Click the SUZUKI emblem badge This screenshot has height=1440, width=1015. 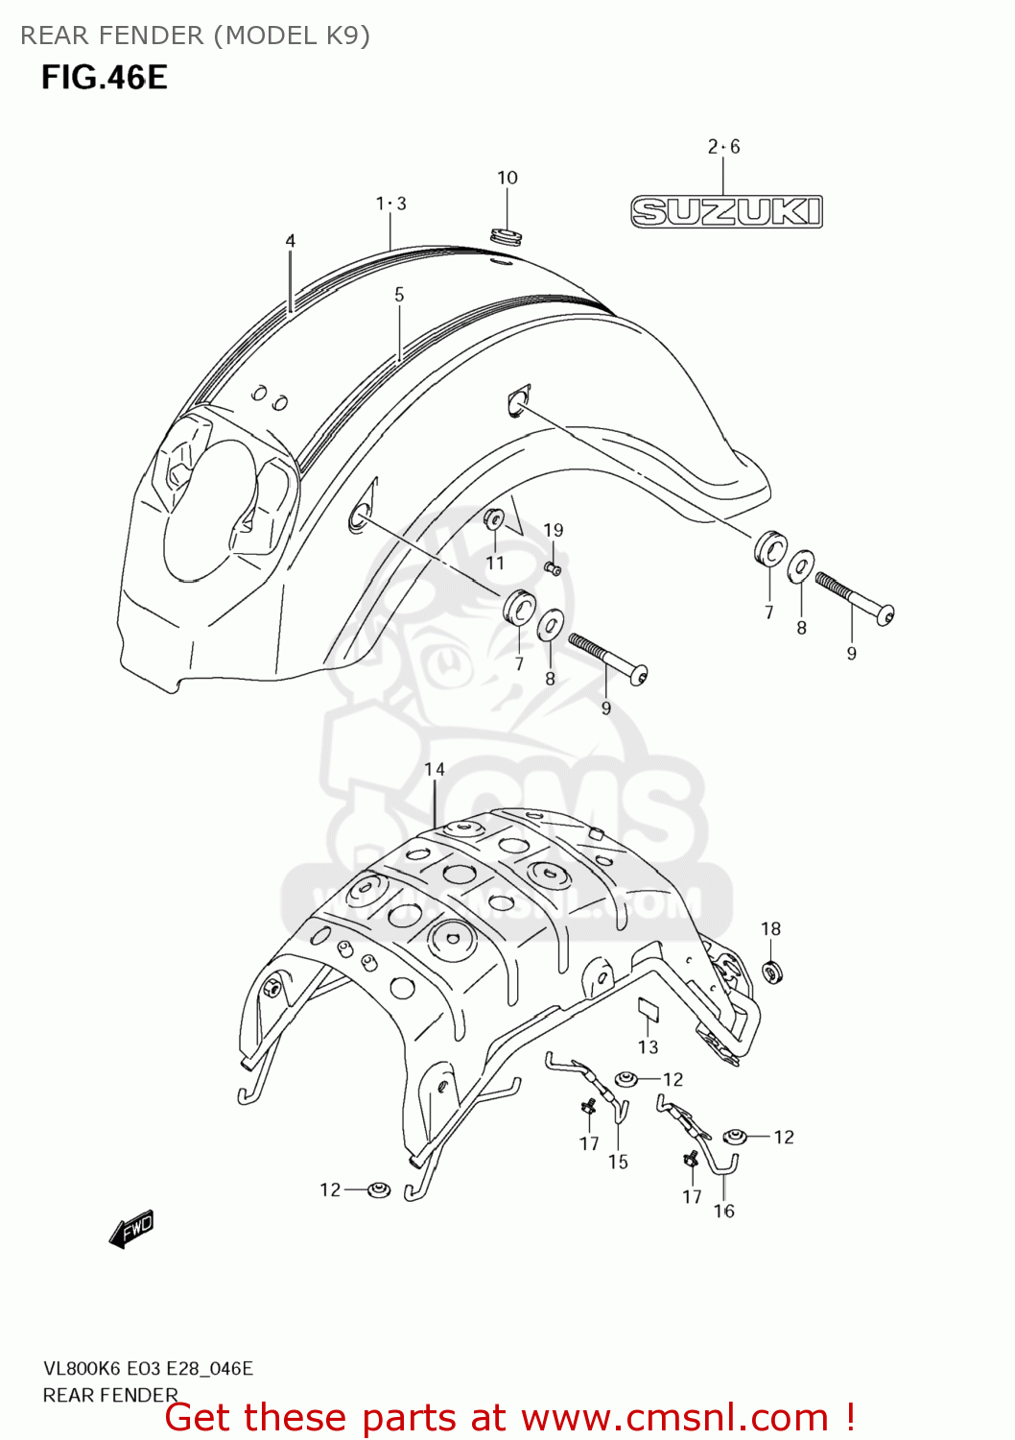(x=726, y=211)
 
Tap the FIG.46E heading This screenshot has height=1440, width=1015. (x=104, y=78)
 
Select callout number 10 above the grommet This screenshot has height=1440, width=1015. (x=507, y=178)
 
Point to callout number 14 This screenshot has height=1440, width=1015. (x=435, y=769)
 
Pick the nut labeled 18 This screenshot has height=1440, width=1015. (x=772, y=972)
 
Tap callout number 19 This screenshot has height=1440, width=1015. (x=554, y=530)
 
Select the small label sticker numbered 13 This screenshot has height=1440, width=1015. (x=649, y=1008)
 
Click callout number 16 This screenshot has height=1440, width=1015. (x=723, y=1212)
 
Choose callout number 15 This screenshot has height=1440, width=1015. (x=618, y=1162)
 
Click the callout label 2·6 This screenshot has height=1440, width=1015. (x=723, y=147)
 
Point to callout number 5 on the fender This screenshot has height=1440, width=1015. (x=399, y=295)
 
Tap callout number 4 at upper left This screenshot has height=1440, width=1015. (x=290, y=241)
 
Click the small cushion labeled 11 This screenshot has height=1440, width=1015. (x=494, y=519)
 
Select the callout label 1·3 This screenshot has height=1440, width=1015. (x=390, y=204)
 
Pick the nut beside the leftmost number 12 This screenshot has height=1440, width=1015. (x=379, y=1189)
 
